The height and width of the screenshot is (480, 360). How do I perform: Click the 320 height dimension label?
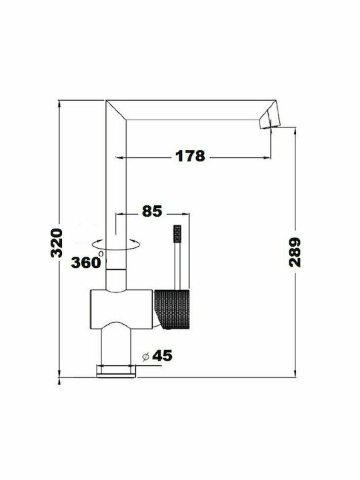tap(57, 243)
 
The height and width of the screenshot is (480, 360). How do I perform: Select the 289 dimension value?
tap(295, 252)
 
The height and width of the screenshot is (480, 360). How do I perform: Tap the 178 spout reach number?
tap(190, 156)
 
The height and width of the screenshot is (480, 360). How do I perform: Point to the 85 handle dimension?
tap(152, 211)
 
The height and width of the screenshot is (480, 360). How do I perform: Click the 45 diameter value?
tap(162, 355)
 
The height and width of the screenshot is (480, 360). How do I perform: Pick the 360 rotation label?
tap(86, 263)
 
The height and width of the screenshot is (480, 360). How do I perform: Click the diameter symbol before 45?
tap(146, 357)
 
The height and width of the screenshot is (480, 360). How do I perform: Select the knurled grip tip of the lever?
tap(177, 234)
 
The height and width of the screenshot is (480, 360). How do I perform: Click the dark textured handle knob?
tap(173, 309)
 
